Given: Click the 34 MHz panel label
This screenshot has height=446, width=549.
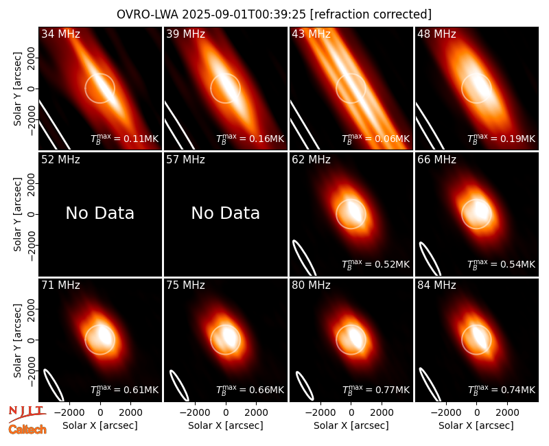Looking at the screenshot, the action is pos(60,34).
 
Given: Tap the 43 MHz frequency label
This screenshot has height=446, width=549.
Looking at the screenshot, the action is pos(311,34).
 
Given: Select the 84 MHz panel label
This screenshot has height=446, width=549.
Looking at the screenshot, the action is pos(436,285).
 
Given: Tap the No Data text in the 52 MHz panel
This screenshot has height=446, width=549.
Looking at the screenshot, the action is pos(100,213).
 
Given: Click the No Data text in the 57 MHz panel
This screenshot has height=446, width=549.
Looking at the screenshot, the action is pos(226,213).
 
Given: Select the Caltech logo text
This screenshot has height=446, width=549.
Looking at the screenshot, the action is pos(27,430).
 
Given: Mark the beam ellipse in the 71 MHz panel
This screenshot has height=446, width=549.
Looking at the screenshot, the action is pos(54,385).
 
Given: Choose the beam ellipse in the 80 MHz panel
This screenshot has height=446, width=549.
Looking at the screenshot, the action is pos(305,386).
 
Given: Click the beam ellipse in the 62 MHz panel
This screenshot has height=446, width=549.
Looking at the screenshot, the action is pos(304,258).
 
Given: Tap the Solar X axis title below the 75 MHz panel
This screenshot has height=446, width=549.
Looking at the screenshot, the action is pos(226,425).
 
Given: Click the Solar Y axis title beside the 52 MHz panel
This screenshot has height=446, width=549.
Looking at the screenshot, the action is pos(17,214).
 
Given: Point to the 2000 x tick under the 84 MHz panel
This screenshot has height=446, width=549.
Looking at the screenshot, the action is pos(507,412).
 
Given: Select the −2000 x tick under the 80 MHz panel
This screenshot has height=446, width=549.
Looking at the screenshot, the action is pos(320,412).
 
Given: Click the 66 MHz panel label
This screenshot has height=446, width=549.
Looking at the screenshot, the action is pos(436,160).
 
